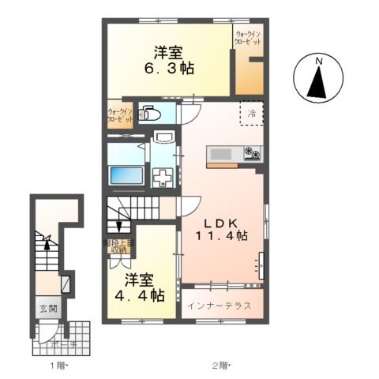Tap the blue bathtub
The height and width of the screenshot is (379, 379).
pos(125,175)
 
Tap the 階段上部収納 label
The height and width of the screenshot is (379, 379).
pos(118,247)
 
